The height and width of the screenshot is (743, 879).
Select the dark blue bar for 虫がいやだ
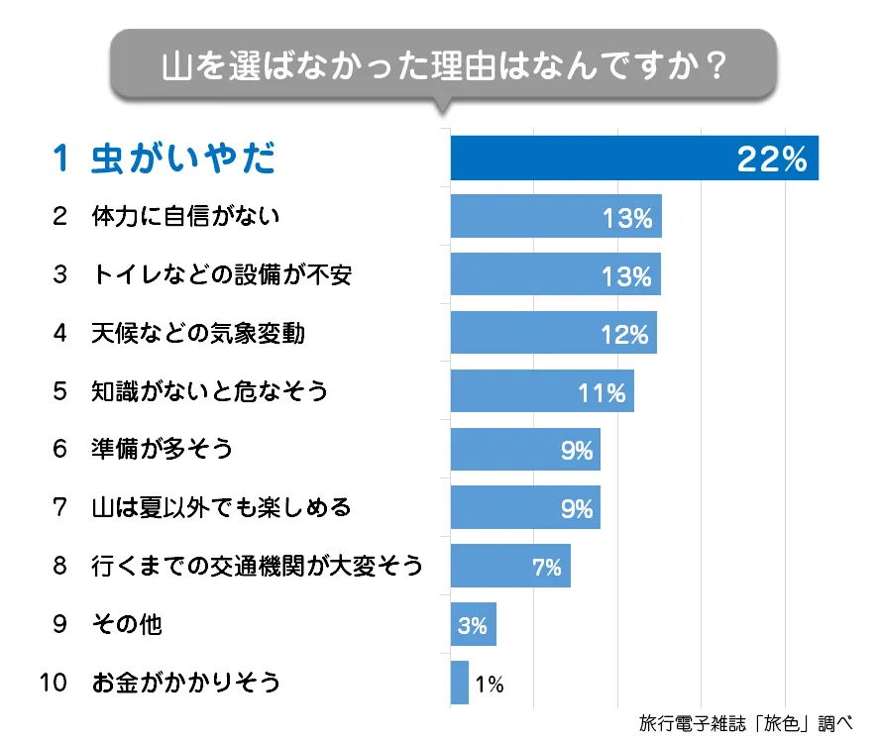coord(595,159)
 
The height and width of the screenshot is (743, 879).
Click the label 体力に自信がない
coord(186,216)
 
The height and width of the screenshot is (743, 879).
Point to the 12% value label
coord(624,334)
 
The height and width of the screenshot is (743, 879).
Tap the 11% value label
coord(603,392)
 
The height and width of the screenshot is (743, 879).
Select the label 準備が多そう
coord(163,450)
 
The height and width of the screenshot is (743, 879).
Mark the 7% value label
coord(546,567)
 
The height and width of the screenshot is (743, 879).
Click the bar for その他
coord(473,624)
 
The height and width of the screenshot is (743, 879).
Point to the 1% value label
coord(490,684)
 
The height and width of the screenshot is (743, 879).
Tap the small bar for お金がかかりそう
coord(459,683)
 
